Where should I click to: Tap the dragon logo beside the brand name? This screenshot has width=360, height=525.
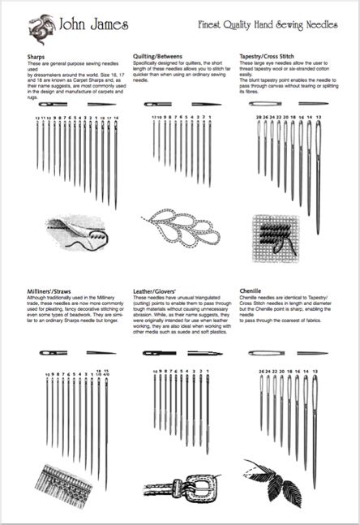pos(36,28)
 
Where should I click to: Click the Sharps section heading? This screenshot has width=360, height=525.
pos(37,55)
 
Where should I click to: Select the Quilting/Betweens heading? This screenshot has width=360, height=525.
pos(158,55)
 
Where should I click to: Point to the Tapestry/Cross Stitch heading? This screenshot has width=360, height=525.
pos(268,55)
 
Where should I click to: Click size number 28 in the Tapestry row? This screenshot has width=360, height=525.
pos(259,118)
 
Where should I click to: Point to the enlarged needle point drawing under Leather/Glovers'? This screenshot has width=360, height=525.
pos(204,353)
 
